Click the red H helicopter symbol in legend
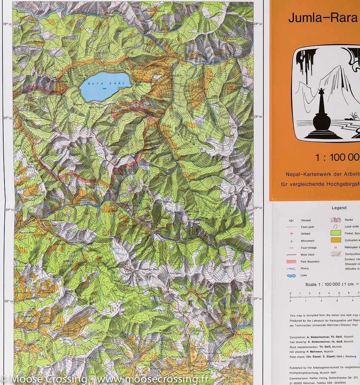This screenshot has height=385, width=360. (x=335, y=247)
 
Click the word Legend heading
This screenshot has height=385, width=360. (x=339, y=208)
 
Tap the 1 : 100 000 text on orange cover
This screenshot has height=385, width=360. (x=337, y=158)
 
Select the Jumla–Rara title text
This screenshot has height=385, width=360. (x=323, y=18)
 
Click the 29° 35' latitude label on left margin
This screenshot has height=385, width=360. (x=8, y=24)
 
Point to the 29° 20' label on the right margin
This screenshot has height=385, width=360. (x=258, y=298)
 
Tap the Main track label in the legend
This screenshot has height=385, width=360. (x=308, y=254)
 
